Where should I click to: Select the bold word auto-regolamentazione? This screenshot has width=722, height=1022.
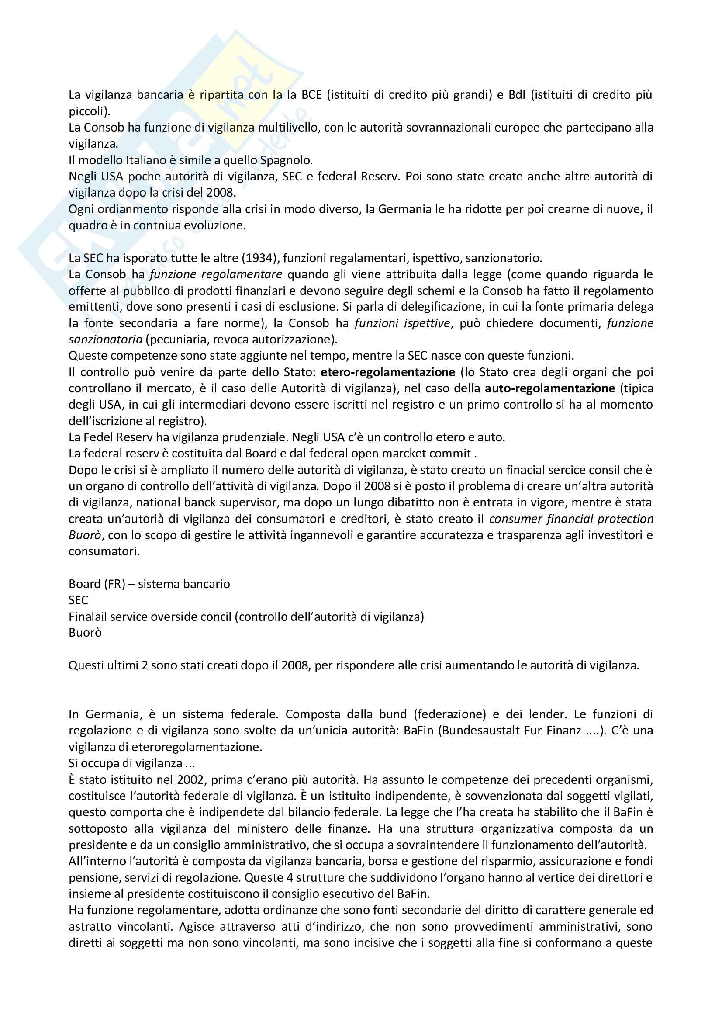tap(550, 388)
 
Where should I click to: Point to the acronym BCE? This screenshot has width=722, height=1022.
tap(311, 95)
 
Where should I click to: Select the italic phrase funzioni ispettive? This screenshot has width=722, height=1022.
tap(402, 323)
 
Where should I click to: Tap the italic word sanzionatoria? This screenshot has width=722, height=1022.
tap(105, 340)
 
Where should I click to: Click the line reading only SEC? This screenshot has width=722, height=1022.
tap(78, 600)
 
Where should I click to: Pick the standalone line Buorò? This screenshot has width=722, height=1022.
tap(85, 633)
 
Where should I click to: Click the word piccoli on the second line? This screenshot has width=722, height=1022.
tap(87, 111)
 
